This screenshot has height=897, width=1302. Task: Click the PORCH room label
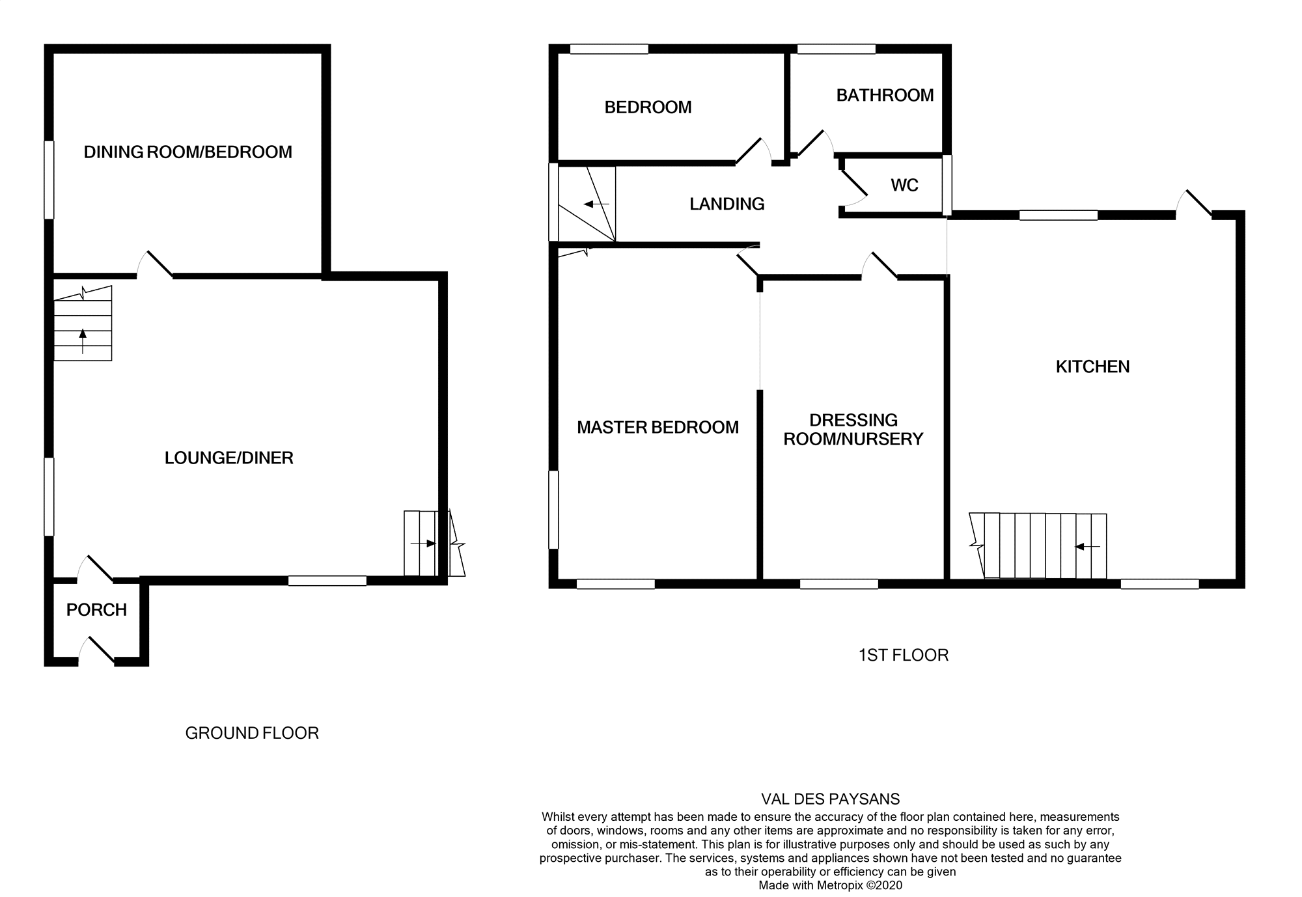click(x=96, y=610)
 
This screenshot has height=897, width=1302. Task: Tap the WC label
click(x=904, y=186)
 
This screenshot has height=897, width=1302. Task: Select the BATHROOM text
click(x=885, y=96)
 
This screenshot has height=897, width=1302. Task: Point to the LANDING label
click(x=727, y=204)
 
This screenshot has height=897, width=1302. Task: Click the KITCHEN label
click(x=1092, y=367)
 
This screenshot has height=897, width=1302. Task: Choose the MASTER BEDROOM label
click(x=658, y=428)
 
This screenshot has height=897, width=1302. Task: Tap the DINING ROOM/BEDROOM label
click(x=187, y=152)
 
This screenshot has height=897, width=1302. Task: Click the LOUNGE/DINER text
click(x=229, y=458)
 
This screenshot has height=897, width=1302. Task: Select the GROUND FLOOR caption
click(x=252, y=734)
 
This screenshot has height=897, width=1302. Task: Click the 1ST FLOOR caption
click(x=903, y=655)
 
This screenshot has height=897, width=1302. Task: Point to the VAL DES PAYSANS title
click(x=830, y=799)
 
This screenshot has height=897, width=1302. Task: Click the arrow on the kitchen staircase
click(x=1087, y=547)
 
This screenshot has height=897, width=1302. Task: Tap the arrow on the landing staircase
click(x=596, y=204)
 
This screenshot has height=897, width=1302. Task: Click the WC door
click(x=853, y=184)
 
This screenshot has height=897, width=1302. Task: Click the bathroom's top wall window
click(x=836, y=49)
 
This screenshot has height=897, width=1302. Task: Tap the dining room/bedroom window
click(x=49, y=180)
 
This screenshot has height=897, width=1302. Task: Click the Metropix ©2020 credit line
click(x=830, y=885)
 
